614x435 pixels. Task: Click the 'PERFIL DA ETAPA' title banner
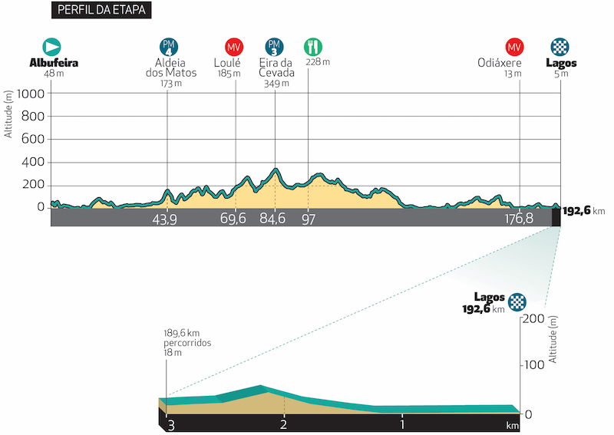100,11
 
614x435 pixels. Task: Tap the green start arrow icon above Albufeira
52,46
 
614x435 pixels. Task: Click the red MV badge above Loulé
235,46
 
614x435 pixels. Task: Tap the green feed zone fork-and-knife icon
312,46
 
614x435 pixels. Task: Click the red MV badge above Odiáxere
514,46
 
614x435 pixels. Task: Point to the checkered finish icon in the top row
560,46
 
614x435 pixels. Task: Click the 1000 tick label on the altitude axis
32,93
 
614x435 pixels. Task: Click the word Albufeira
54,63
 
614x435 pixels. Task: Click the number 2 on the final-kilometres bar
284,423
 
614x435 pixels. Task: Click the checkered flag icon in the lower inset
520,301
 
